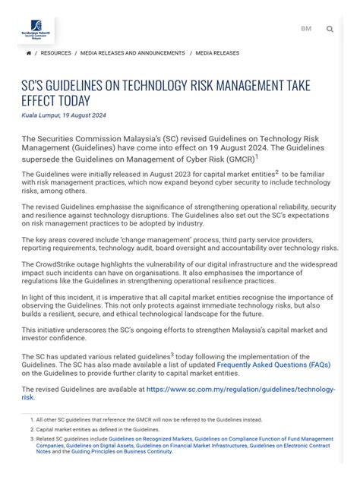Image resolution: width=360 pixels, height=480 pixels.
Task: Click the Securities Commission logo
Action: (x=36, y=30)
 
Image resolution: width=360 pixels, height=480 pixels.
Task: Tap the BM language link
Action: (x=306, y=29)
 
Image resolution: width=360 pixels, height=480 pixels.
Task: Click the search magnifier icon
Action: (x=330, y=30)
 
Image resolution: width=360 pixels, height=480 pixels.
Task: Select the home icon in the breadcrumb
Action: (x=29, y=53)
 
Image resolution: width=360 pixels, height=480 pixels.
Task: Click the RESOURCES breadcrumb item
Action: (x=55, y=53)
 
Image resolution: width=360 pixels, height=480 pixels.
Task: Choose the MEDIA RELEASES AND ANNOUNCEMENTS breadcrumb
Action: (x=133, y=53)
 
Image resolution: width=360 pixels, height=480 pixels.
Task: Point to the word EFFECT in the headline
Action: (x=44, y=101)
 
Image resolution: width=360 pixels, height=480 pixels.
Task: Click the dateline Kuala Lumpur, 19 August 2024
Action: (x=64, y=115)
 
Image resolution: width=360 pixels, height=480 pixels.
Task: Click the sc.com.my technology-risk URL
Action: (x=242, y=389)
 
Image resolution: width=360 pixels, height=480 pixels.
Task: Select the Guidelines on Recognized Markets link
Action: (x=150, y=438)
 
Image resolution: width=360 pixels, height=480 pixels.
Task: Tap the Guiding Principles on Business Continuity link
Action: (x=122, y=451)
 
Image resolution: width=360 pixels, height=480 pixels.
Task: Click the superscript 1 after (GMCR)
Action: (x=257, y=157)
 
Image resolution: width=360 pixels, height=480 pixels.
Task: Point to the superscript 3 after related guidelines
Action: (x=172, y=354)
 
